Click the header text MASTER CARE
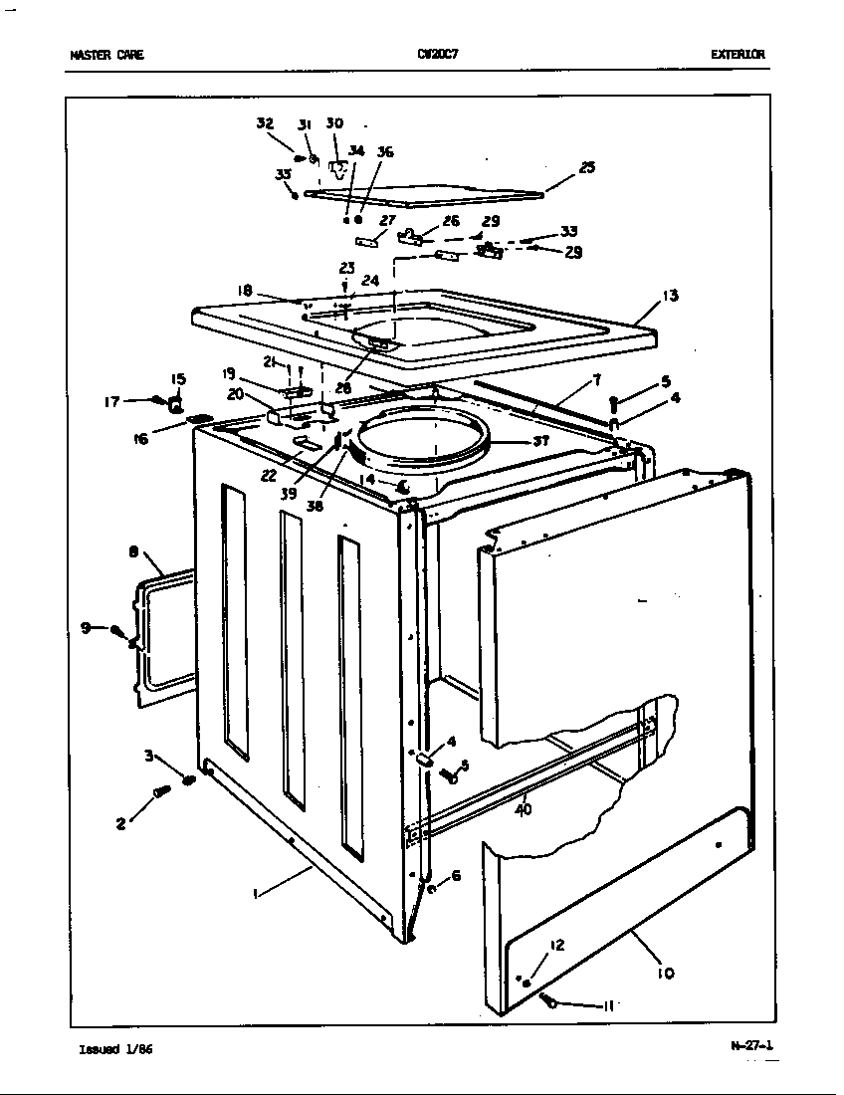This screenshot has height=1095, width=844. pyautogui.click(x=106, y=55)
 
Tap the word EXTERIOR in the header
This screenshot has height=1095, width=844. pyautogui.click(x=738, y=55)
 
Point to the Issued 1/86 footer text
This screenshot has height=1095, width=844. pyautogui.click(x=115, y=1049)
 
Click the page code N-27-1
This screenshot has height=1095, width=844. pyautogui.click(x=750, y=1045)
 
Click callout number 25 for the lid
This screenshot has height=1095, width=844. pyautogui.click(x=587, y=167)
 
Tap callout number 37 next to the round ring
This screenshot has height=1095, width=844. pyautogui.click(x=542, y=440)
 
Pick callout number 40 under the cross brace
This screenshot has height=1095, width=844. pyautogui.click(x=524, y=809)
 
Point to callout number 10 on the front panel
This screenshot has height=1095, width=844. pyautogui.click(x=665, y=973)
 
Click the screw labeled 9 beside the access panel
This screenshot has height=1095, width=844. pyautogui.click(x=120, y=630)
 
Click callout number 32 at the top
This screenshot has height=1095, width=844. pyautogui.click(x=264, y=123)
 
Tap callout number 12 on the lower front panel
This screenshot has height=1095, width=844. pyautogui.click(x=557, y=945)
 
